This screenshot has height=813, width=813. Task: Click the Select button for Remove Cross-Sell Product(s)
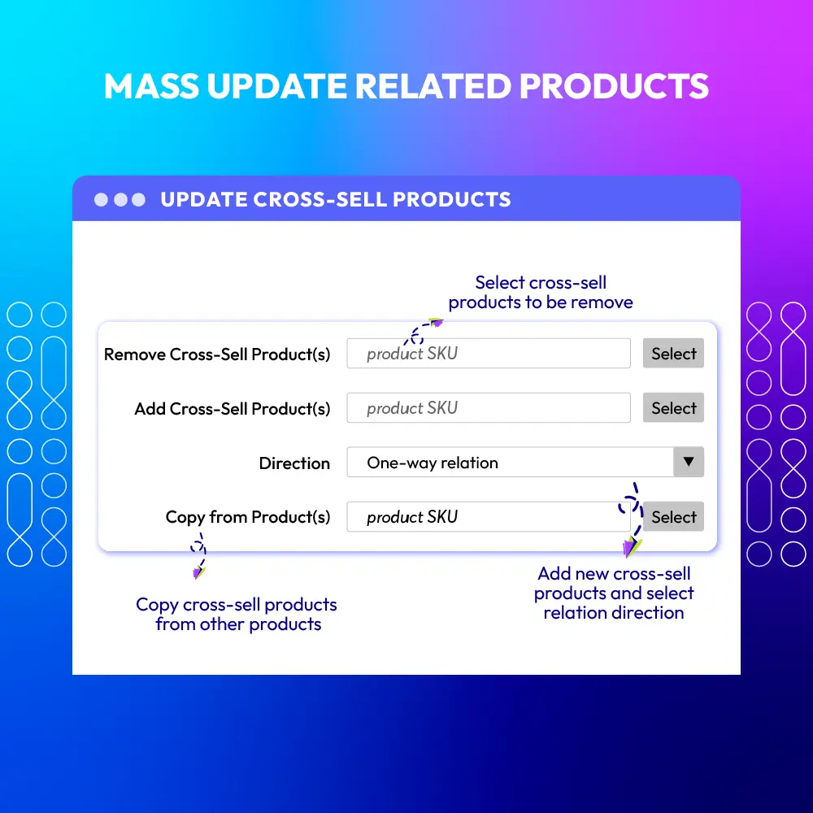pyautogui.click(x=673, y=354)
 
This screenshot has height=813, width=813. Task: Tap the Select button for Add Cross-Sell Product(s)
pyautogui.click(x=673, y=408)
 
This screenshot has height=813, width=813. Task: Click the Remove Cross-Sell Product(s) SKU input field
pyautogui.click(x=488, y=354)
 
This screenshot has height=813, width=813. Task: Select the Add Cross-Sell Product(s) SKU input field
pyautogui.click(x=488, y=408)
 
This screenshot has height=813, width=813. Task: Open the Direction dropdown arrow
pyautogui.click(x=689, y=462)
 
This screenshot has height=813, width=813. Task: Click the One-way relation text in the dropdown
pyautogui.click(x=433, y=463)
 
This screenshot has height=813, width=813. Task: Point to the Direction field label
pyautogui.click(x=294, y=463)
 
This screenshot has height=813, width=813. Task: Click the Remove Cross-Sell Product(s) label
pyautogui.click(x=217, y=354)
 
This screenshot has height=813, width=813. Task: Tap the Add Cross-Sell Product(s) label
pyautogui.click(x=233, y=409)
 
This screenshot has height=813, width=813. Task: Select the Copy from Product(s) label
pyautogui.click(x=248, y=517)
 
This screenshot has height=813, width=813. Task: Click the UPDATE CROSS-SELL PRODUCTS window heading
pyautogui.click(x=336, y=199)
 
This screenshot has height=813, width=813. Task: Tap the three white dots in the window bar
pyautogui.click(x=120, y=199)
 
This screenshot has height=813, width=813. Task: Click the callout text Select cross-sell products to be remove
pyautogui.click(x=541, y=293)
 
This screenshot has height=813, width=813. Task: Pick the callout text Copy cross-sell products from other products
pyautogui.click(x=237, y=615)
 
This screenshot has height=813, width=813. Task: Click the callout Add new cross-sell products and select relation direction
pyautogui.click(x=614, y=593)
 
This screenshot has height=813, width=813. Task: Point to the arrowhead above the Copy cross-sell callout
pyautogui.click(x=198, y=572)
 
